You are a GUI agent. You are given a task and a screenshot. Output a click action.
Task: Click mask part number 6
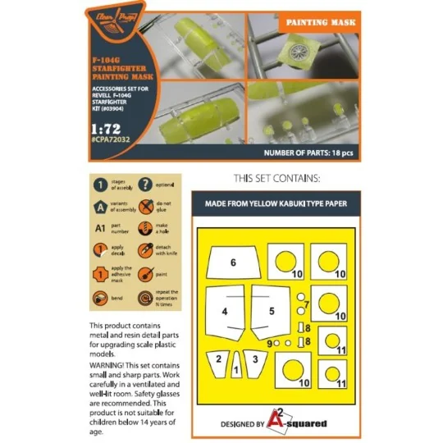tap(233, 263)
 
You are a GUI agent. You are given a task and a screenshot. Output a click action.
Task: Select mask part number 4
tap(225, 312)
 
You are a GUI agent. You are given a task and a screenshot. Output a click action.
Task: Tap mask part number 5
tap(272, 312)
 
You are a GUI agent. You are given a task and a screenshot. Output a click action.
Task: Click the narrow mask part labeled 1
tap(237, 368)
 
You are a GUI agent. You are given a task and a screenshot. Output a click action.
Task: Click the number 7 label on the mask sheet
tap(306, 304)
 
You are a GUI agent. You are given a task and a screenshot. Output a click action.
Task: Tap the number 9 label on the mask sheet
tap(269, 342)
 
